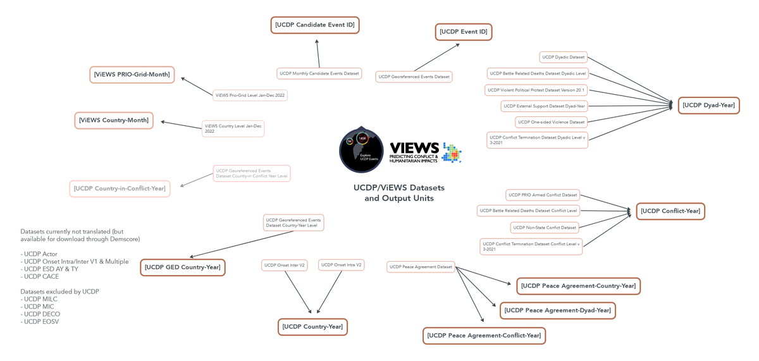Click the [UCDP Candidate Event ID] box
(315, 25)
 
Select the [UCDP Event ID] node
(464, 32)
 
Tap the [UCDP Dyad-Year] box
(708, 106)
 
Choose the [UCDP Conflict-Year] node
(670, 211)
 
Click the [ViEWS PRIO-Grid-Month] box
(132, 75)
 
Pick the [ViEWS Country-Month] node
(114, 120)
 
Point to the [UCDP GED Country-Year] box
(182, 267)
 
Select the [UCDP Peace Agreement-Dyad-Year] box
(557, 310)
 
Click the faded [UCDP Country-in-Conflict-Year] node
(120, 188)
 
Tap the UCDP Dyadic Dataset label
(563, 58)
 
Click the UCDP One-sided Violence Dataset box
(551, 122)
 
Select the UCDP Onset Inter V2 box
(284, 266)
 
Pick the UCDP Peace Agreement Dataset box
(421, 267)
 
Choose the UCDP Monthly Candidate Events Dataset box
(319, 73)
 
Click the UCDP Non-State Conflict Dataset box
(545, 228)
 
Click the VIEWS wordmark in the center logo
(414, 148)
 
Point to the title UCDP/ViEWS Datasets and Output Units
(398, 193)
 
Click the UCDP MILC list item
(40, 299)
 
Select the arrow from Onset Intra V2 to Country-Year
(330, 291)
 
